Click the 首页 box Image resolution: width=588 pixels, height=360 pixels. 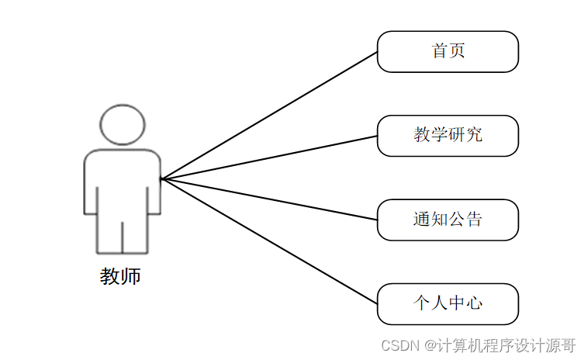(x=448, y=52)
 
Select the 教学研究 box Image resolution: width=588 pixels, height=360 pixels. (x=448, y=136)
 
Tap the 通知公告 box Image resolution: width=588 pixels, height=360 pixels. (x=448, y=220)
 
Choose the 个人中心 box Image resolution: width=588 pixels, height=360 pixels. (x=448, y=304)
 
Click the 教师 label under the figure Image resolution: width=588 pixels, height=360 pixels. (x=120, y=276)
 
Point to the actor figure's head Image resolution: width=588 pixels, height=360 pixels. (x=123, y=124)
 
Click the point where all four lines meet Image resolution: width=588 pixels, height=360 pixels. (x=161, y=179)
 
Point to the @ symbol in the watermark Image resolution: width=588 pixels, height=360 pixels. (x=430, y=344)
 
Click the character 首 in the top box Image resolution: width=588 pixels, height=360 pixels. (x=440, y=52)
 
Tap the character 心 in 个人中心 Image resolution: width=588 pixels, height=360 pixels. (x=474, y=304)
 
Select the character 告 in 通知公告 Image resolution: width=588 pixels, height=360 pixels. (x=474, y=220)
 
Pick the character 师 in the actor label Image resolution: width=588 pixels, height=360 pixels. (x=131, y=276)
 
